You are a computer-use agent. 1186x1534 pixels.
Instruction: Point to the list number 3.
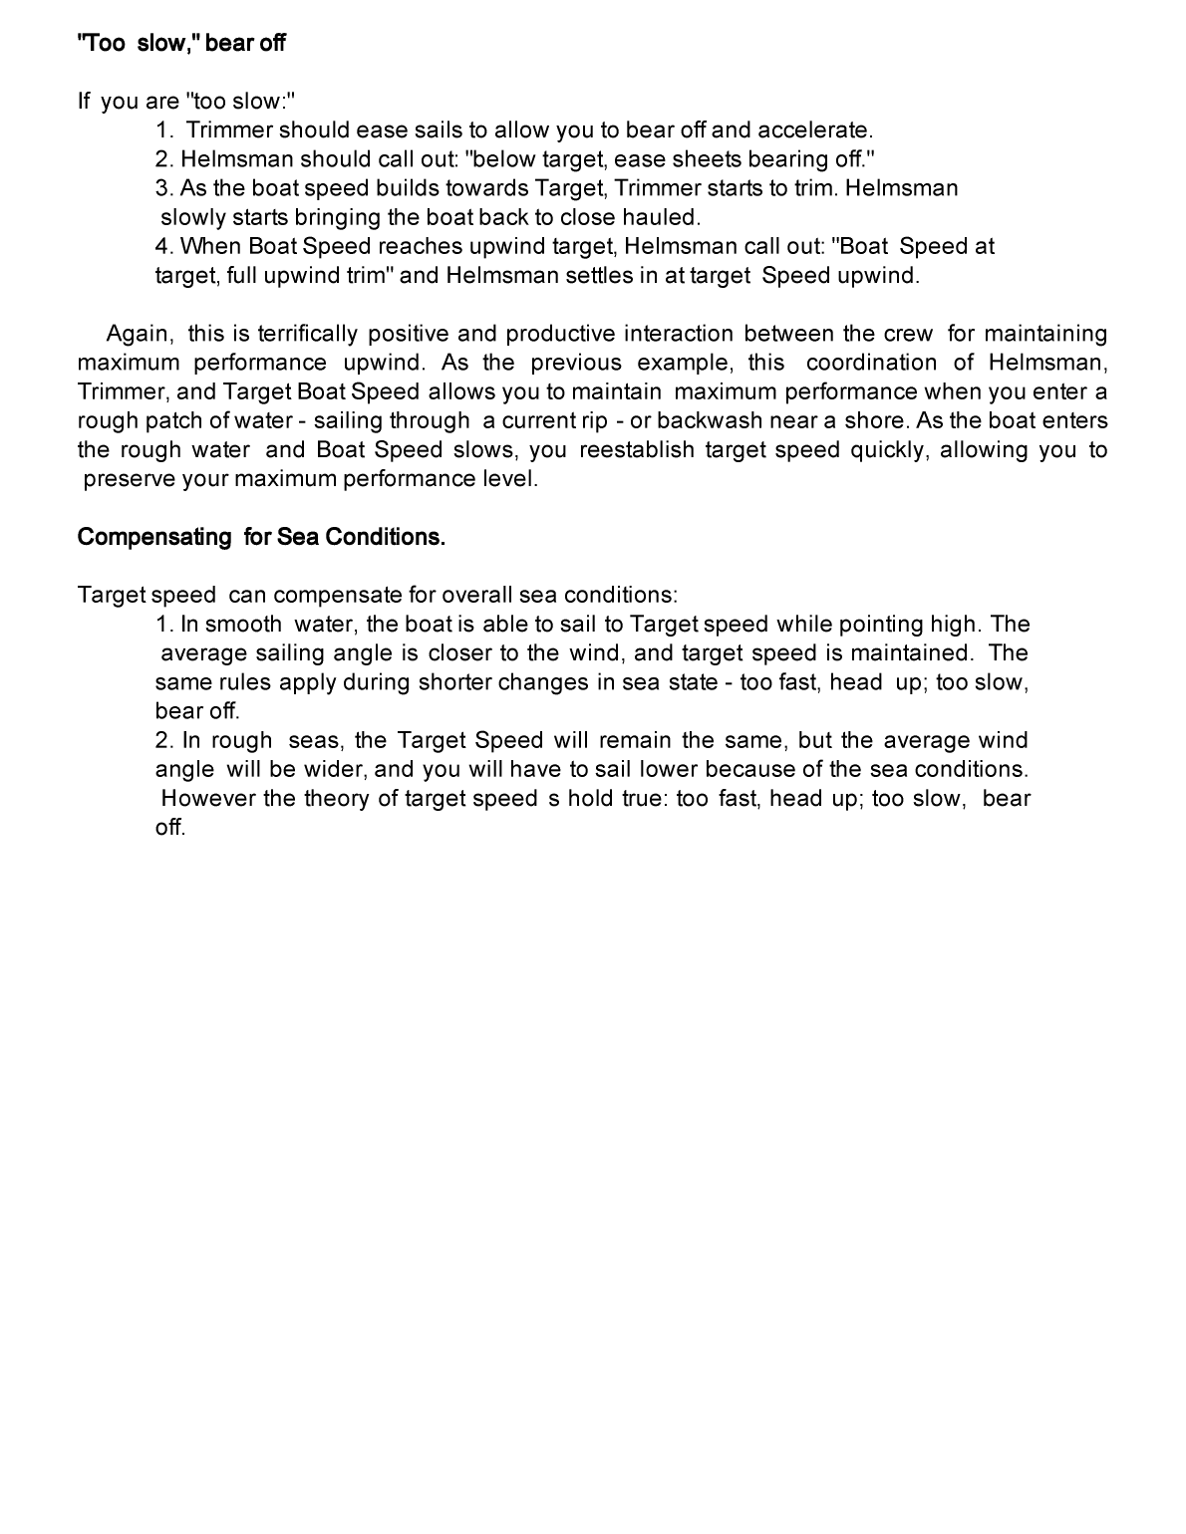[x=163, y=188]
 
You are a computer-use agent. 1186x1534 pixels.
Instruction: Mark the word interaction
[x=678, y=334]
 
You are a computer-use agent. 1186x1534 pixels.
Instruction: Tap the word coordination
[x=871, y=363]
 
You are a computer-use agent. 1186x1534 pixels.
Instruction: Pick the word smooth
[x=243, y=625]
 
